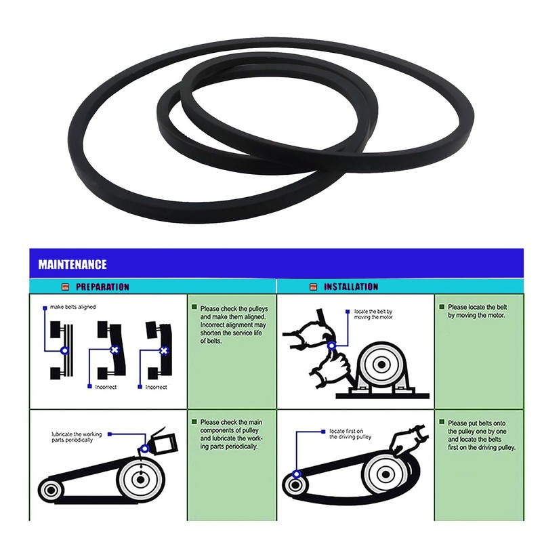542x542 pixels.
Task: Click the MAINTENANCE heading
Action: click(x=72, y=264)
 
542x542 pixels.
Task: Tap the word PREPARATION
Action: click(x=102, y=287)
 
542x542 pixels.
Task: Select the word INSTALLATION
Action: click(x=351, y=287)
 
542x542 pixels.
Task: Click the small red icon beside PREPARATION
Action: click(x=66, y=287)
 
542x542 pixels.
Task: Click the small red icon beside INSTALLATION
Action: click(x=314, y=287)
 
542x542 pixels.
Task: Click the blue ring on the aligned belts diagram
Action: click(x=64, y=351)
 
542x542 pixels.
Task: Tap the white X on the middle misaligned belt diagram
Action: click(x=114, y=350)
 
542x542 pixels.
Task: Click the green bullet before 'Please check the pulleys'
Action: click(x=194, y=308)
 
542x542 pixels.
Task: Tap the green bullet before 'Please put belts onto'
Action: click(x=441, y=421)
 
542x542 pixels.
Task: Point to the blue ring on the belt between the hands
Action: click(x=331, y=346)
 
